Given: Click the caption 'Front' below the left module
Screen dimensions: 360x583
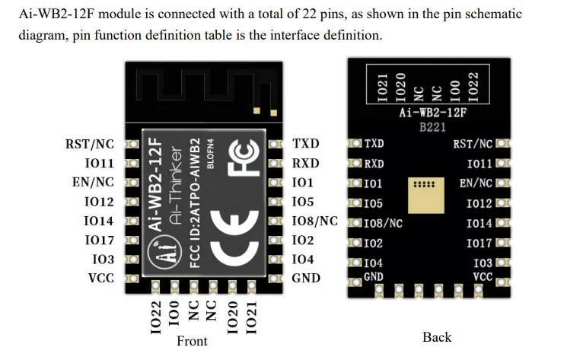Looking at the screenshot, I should (x=192, y=341).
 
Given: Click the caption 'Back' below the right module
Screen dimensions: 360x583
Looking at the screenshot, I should (x=437, y=337).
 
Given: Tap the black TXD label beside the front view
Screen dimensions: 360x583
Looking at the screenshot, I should (x=306, y=144).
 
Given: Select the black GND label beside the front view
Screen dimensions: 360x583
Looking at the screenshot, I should (x=306, y=278).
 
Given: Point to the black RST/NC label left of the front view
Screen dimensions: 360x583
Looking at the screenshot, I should (x=90, y=144).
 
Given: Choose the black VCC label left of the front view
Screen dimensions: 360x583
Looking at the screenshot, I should (x=101, y=278).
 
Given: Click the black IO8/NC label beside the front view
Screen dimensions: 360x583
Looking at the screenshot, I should (x=314, y=221).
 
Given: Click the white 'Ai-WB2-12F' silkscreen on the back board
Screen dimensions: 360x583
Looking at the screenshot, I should (x=432, y=113).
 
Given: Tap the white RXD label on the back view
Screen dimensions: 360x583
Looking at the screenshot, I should (x=374, y=164).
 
